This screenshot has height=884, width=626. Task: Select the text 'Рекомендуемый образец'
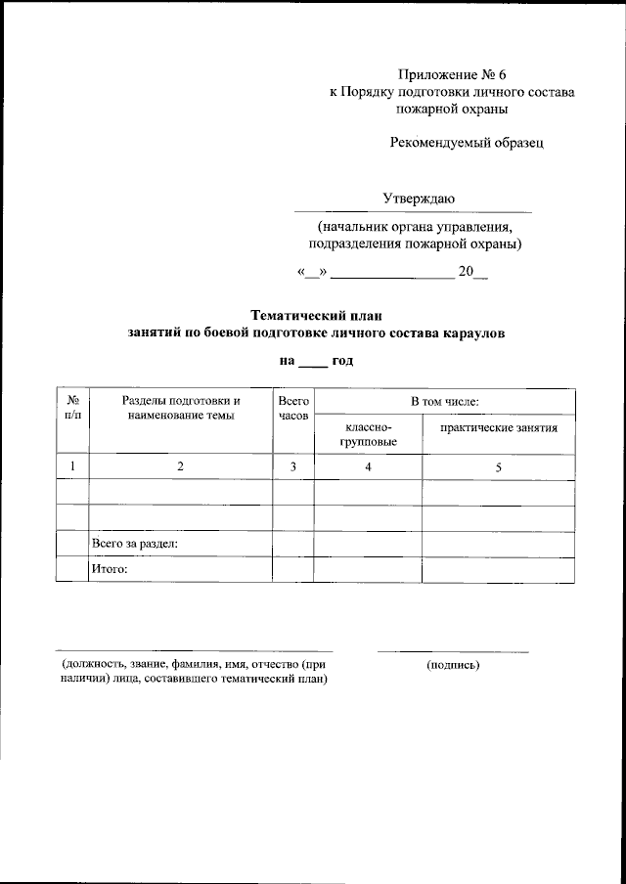click(466, 143)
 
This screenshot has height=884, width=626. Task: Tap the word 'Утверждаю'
click(418, 199)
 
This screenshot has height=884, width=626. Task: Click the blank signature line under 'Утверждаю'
click(413, 211)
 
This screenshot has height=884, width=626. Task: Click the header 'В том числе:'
click(444, 401)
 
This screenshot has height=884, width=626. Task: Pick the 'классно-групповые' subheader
click(368, 435)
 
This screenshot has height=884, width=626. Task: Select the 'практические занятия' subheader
click(499, 428)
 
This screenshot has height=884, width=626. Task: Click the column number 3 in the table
click(293, 467)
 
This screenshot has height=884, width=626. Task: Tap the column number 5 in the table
click(498, 467)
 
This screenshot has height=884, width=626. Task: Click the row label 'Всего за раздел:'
click(134, 543)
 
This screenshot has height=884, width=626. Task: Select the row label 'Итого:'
click(110, 568)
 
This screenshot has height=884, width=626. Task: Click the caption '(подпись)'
click(453, 665)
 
